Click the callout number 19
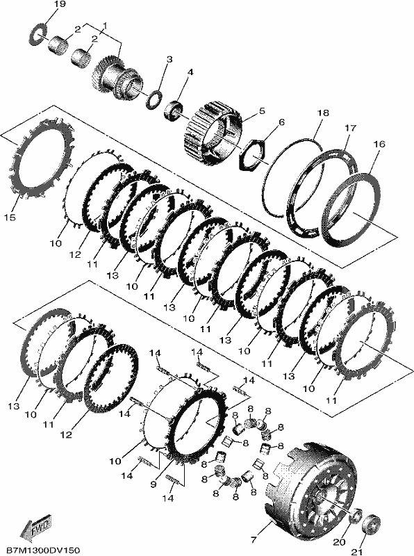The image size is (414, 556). [x=60, y=4]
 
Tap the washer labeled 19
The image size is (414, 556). [x=39, y=33]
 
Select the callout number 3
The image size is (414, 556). [x=169, y=59]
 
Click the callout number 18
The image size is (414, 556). [x=323, y=113]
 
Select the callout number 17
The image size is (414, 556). [x=351, y=128]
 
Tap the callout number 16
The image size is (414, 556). [x=379, y=144]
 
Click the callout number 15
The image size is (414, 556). [x=10, y=217]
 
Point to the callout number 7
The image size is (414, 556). [x=253, y=540]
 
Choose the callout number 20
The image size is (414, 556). [x=339, y=542]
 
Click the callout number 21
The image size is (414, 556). [x=356, y=552]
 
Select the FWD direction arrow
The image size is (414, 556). [x=35, y=523]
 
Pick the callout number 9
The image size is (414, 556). [x=153, y=484]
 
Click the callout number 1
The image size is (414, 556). [x=105, y=26]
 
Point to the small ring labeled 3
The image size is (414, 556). [x=154, y=99]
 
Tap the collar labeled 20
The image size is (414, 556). [x=356, y=516]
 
